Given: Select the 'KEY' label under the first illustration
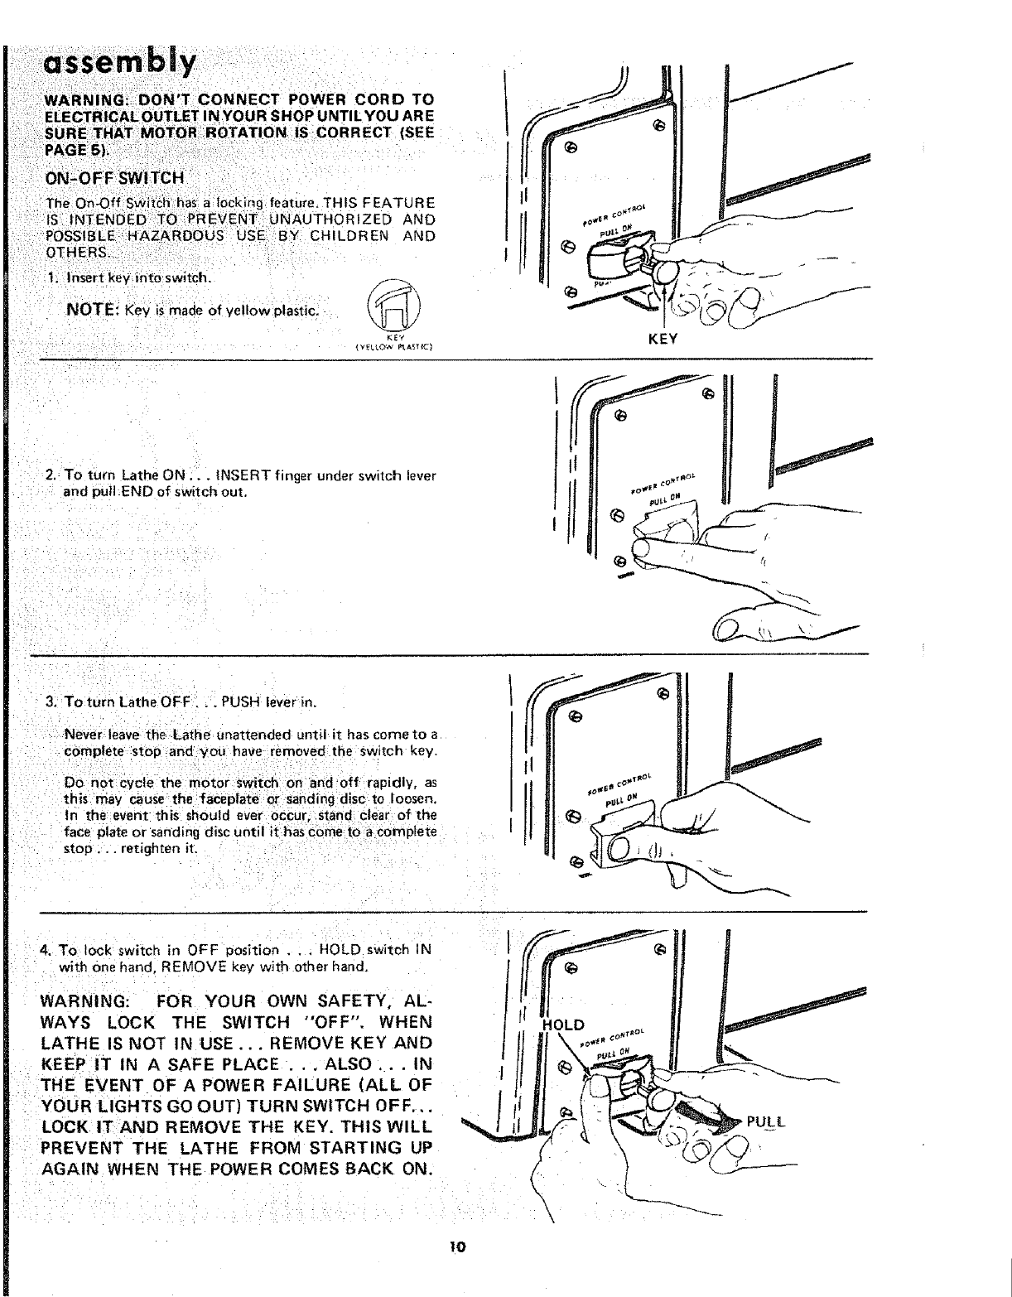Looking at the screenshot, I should pos(664,339).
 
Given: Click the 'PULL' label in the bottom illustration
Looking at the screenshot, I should pos(765,1123).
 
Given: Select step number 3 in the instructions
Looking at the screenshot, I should pos(51,703).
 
